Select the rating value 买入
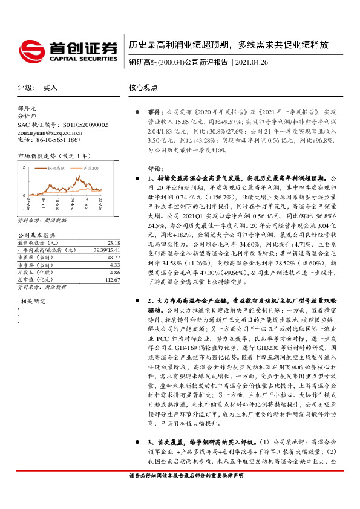51,88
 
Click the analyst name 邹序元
28,107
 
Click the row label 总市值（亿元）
33,264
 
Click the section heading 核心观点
143,88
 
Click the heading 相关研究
34,300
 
